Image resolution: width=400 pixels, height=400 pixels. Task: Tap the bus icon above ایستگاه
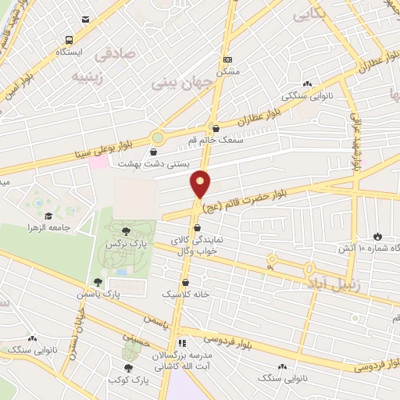(70, 40)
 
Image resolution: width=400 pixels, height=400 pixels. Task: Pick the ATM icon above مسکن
(227, 59)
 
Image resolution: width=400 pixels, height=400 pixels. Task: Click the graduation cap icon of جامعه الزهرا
(48, 216)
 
